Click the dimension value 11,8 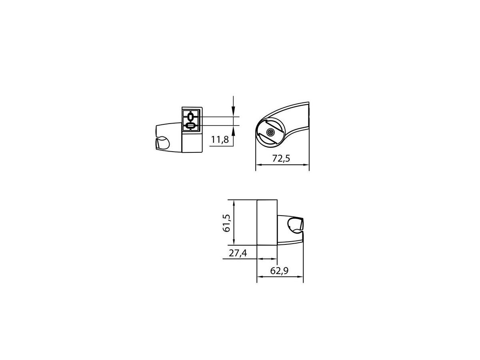click(220, 140)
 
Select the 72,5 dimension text click(281, 158)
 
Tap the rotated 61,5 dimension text click(226, 223)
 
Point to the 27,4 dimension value click(238, 253)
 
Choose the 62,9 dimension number click(279, 271)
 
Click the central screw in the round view click(270, 132)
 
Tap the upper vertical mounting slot click(190, 117)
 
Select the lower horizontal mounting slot click(190, 126)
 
